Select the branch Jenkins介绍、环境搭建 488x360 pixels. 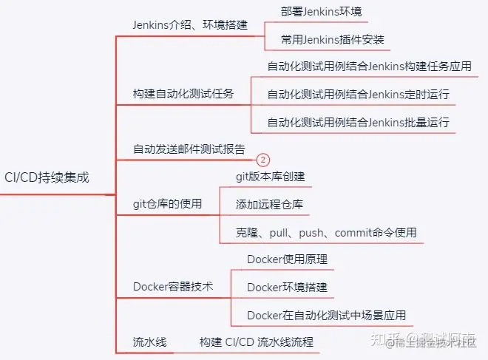coord(190,24)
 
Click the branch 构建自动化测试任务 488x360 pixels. coord(183,94)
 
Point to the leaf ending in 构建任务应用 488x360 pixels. coord(369,66)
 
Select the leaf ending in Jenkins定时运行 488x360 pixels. coord(358,94)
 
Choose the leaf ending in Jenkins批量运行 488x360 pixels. coord(358,122)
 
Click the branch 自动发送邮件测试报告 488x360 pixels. coord(189,149)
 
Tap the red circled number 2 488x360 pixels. coord(263,160)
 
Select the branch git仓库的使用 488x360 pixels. coord(167,204)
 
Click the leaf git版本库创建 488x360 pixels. coord(270,177)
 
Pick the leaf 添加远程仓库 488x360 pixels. coord(269,204)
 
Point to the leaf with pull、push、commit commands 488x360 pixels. coord(326,232)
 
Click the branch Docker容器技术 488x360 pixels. coord(173,287)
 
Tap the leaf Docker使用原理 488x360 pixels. coord(287,259)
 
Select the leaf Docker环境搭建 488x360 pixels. coord(287,287)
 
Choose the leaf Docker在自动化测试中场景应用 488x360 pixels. coord(326,315)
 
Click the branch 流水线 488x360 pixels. coord(150,342)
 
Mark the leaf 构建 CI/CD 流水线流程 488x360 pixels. coord(257,342)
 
